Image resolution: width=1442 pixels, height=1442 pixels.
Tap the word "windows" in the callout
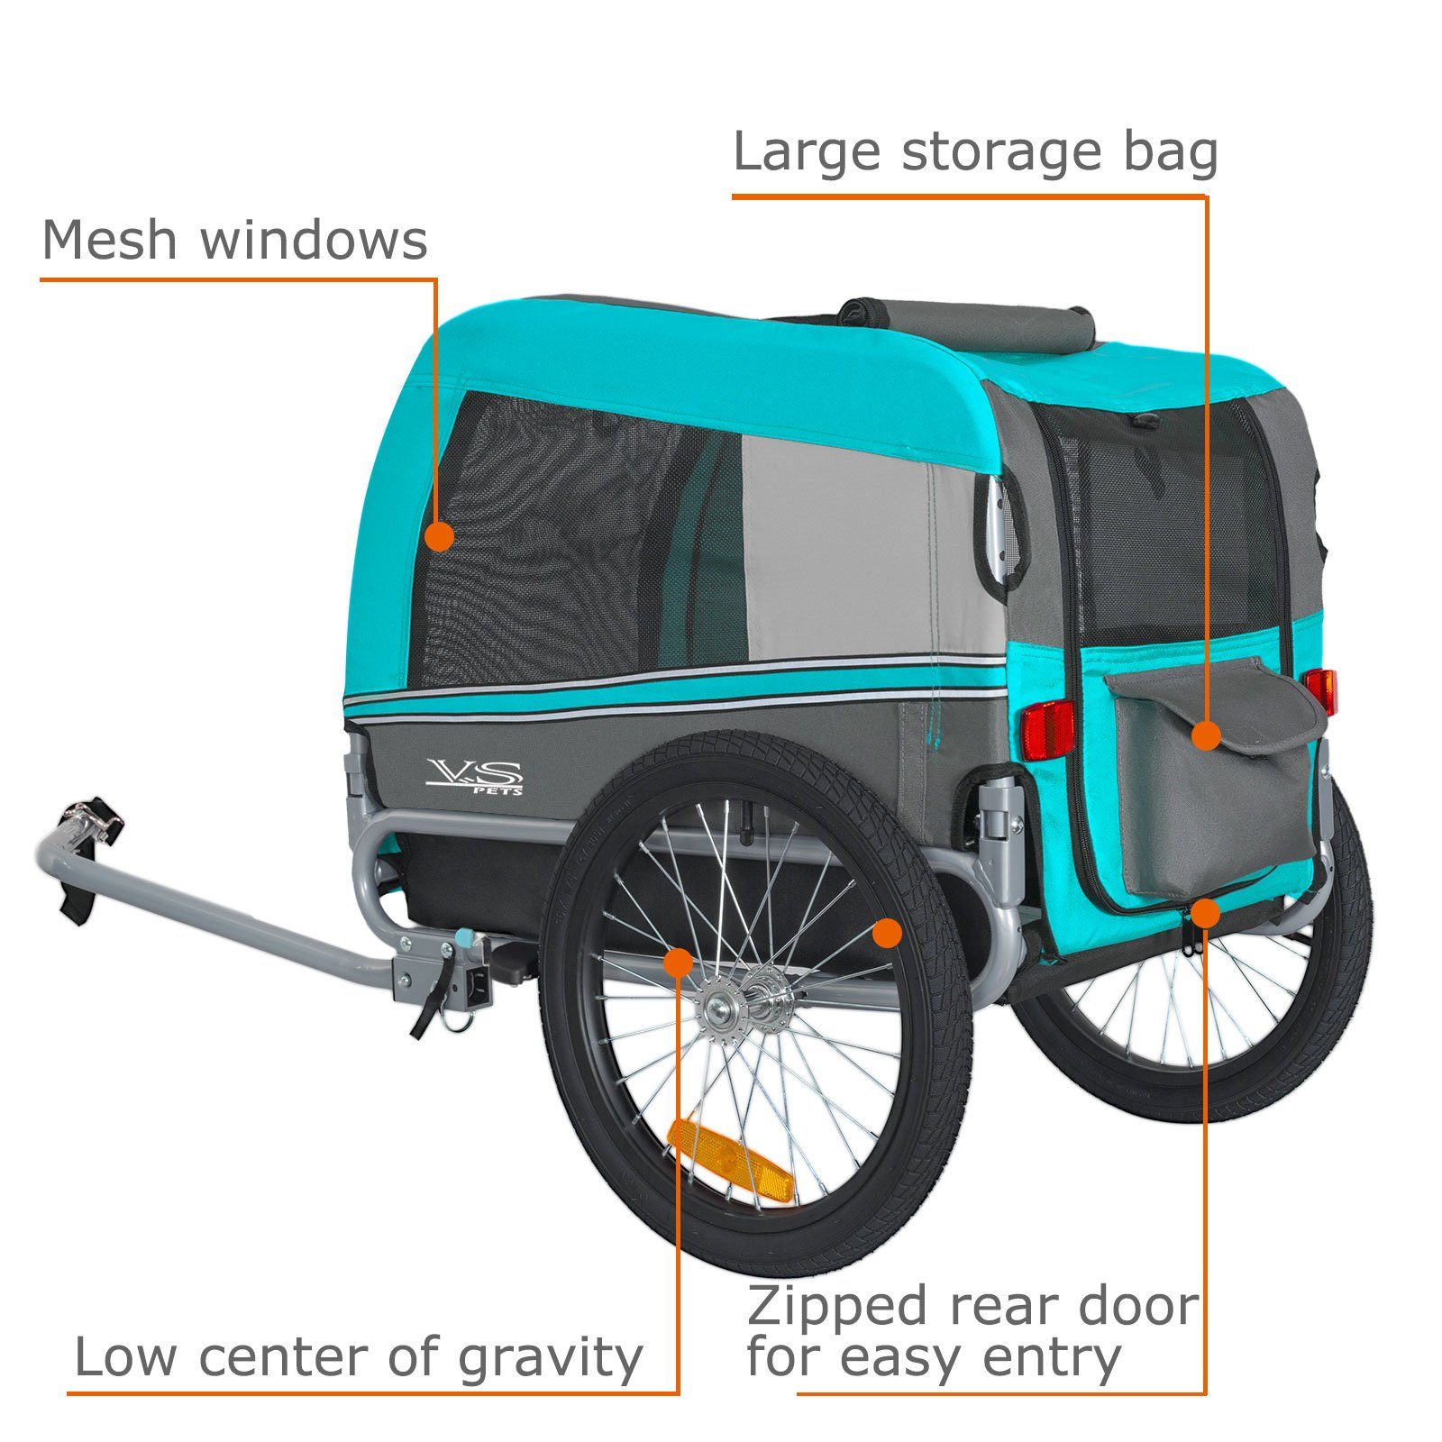pyautogui.click(x=314, y=241)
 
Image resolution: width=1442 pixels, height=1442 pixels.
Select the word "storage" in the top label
pyautogui.click(x=1001, y=153)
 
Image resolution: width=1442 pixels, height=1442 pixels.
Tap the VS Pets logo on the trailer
pyautogui.click(x=475, y=775)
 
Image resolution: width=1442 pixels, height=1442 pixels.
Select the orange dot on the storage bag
pyautogui.click(x=1205, y=735)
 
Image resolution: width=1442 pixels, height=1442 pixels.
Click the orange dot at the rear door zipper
pyautogui.click(x=1205, y=914)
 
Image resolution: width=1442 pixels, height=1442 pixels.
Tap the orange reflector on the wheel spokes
pyautogui.click(x=731, y=1161)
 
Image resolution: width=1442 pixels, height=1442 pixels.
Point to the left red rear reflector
pyautogui.click(x=1047, y=728)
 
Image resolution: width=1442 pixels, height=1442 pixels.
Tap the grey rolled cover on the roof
pyautogui.click(x=967, y=325)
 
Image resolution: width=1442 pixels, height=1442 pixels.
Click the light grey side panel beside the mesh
pyautogui.click(x=865, y=550)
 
